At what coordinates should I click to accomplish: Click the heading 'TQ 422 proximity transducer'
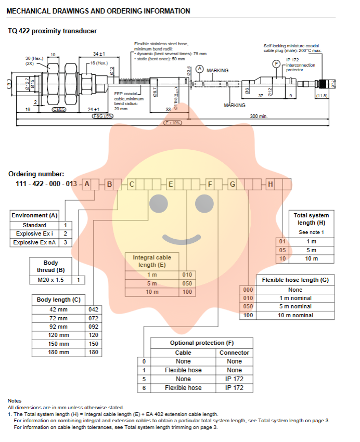(52, 31)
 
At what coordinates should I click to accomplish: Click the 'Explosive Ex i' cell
(34, 233)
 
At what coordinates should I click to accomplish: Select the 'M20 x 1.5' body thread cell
(51, 280)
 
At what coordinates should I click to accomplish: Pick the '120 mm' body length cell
(59, 335)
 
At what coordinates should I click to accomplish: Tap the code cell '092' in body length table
(94, 327)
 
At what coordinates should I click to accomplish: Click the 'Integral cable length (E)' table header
(152, 261)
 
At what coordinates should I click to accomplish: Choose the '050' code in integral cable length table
(187, 283)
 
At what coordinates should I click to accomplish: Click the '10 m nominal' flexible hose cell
(295, 315)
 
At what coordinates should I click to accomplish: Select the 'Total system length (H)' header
(311, 219)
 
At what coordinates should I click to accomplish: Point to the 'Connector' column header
(234, 353)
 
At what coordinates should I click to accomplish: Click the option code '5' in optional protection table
(144, 379)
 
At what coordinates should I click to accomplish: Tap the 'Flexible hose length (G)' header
(295, 280)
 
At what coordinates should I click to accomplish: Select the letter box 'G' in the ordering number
(233, 184)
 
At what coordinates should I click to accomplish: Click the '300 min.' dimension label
(259, 116)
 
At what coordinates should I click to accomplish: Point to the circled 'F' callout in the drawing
(276, 63)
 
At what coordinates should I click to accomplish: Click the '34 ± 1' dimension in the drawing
(99, 54)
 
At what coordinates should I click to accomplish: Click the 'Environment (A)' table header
(35, 215)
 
